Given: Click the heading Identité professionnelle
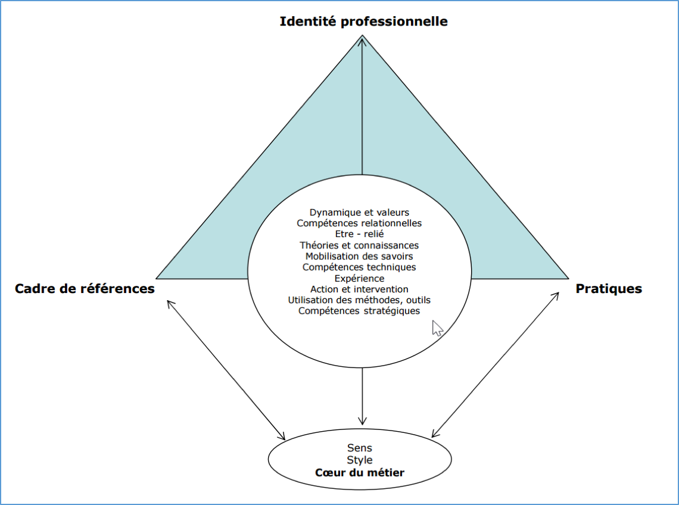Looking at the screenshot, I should [364, 22].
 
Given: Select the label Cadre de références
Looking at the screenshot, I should [85, 289].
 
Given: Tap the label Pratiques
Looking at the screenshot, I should [609, 289].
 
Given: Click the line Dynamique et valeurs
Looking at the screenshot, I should [359, 212].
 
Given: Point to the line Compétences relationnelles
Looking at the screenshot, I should [359, 223].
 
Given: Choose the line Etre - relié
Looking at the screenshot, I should [359, 234].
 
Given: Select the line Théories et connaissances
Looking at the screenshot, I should [359, 245].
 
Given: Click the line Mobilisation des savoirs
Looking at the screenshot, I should [359, 256].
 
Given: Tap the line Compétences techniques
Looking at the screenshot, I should [359, 267].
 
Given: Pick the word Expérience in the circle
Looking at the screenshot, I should [359, 278].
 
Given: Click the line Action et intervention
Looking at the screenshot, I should [359, 289].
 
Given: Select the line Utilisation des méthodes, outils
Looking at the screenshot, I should [359, 300].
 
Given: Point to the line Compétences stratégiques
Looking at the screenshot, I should [359, 311].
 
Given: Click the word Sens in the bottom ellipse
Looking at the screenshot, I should [359, 447].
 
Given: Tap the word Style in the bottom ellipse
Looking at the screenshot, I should [359, 460].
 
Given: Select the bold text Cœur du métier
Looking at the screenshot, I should [359, 473].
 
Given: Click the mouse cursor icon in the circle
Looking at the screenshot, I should [437, 328].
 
